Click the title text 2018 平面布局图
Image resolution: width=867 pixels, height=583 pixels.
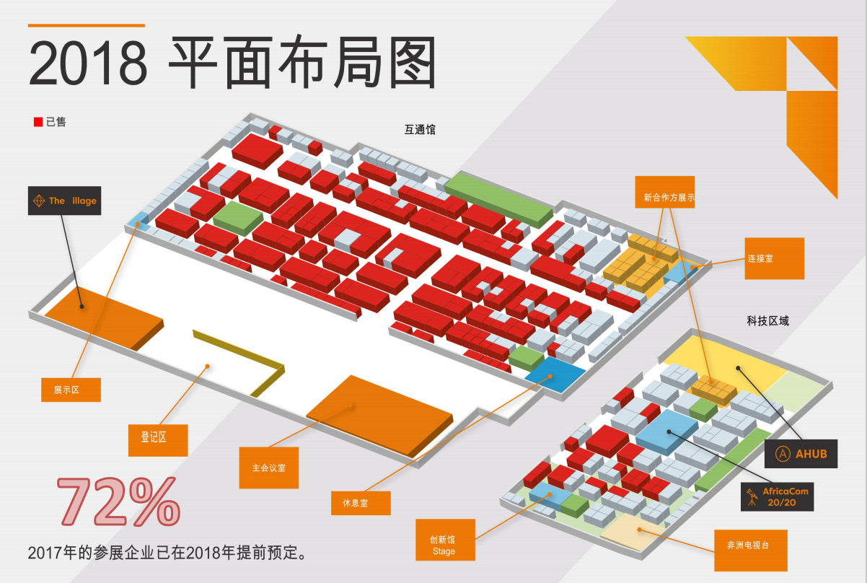pos(232,63)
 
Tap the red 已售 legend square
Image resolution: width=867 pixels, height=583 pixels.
pos(38,123)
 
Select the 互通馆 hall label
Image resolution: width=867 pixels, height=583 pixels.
pos(420,130)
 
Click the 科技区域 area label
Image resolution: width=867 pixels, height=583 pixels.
pos(767,320)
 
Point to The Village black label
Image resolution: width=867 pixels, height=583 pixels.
pos(65,201)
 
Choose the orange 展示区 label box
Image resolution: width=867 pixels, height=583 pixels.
pos(71,390)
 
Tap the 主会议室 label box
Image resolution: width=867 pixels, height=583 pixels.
pos(269,468)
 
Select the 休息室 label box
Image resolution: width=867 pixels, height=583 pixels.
pos(361,503)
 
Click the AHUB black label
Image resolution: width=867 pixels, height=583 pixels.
pos(801,454)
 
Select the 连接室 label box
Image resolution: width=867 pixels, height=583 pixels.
pos(774,258)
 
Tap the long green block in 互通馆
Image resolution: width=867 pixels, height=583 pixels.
pos(498,196)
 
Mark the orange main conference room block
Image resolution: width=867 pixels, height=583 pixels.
pos(379,415)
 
